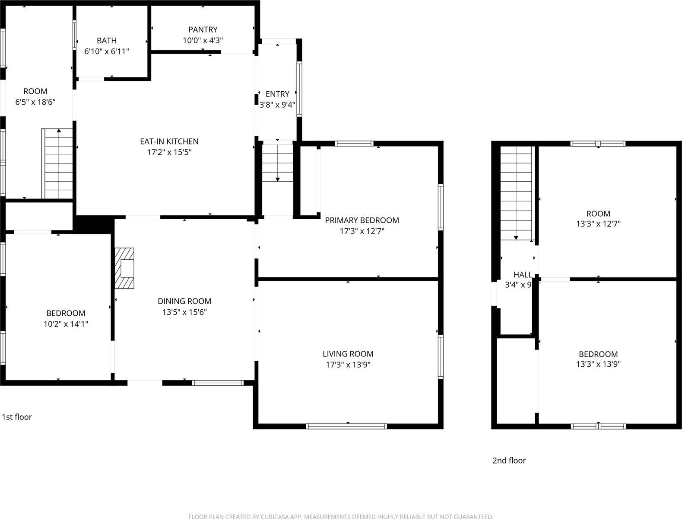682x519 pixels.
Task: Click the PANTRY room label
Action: click(203, 30)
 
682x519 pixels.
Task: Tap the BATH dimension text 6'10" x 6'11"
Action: click(107, 51)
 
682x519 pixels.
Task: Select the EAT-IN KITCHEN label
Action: click(169, 141)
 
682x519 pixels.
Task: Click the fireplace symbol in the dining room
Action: click(124, 268)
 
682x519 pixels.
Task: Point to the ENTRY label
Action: click(277, 94)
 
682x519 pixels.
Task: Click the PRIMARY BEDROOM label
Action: click(362, 221)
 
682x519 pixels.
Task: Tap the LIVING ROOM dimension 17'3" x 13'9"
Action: click(348, 365)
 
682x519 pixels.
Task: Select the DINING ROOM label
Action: click(184, 301)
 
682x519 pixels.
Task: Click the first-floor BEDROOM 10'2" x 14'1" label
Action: click(66, 314)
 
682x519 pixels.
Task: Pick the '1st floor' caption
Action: click(17, 417)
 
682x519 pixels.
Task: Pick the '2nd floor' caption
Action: click(509, 461)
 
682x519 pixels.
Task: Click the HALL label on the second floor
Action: click(523, 275)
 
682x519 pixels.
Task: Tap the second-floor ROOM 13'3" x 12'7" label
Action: click(598, 214)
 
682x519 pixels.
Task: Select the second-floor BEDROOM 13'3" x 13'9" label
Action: click(598, 354)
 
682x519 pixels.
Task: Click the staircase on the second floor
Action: click(516, 192)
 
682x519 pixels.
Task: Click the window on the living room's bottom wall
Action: click(346, 426)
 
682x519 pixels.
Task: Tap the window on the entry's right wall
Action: click(299, 89)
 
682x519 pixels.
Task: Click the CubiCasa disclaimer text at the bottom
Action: click(341, 516)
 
